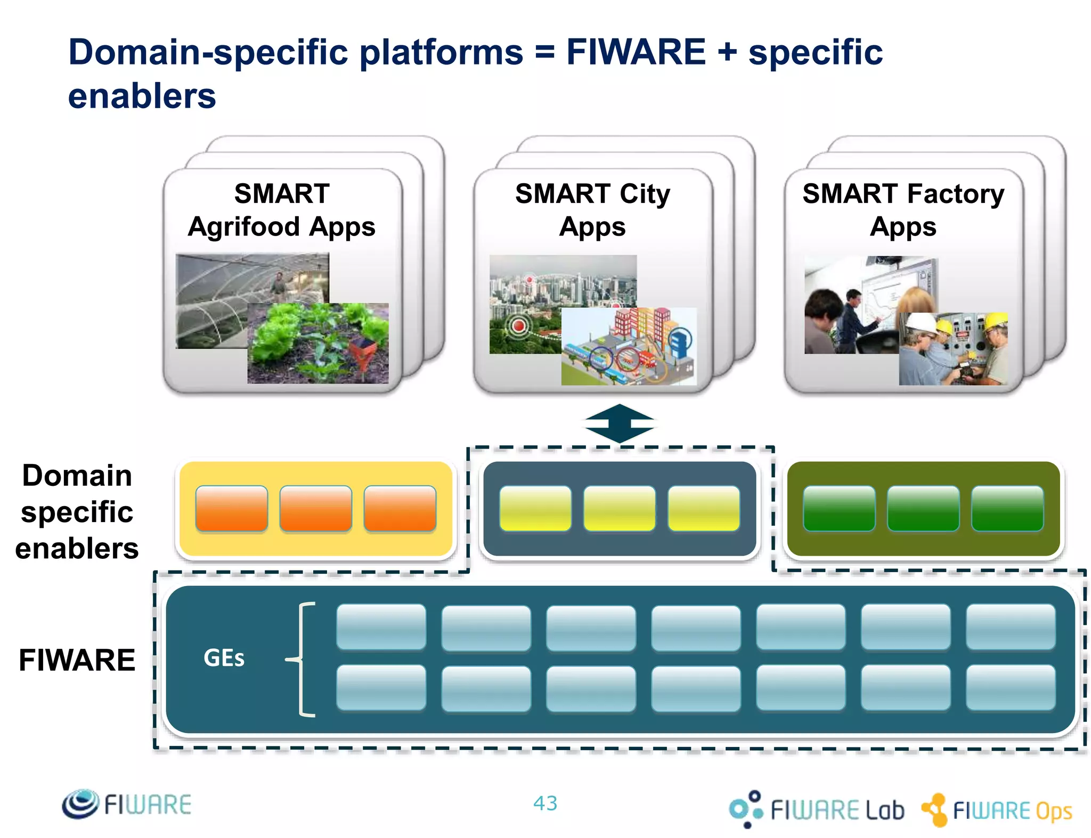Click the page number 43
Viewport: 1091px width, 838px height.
tap(545, 803)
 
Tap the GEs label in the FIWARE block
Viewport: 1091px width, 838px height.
tap(224, 658)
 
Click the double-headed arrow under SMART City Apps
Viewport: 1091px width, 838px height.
tap(619, 424)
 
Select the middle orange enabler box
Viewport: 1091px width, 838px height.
tap(315, 509)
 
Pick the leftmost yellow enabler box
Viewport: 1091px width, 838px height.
tap(535, 509)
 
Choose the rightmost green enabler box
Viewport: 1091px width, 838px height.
tap(1007, 509)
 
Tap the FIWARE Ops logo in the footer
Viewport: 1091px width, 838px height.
tap(997, 810)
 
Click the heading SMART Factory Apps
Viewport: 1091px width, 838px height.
tap(903, 210)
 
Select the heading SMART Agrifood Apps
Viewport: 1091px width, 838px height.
tap(282, 210)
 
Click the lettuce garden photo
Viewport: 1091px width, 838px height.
tap(318, 344)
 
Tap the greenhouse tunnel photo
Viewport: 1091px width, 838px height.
tap(224, 288)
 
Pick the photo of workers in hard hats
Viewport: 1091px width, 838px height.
tap(953, 349)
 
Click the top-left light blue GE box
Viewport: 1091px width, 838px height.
tap(381, 627)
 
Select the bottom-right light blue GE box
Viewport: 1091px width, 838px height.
tap(1011, 688)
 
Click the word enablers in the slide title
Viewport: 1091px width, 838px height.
tap(142, 96)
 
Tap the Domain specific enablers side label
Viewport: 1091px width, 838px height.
tap(77, 512)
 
